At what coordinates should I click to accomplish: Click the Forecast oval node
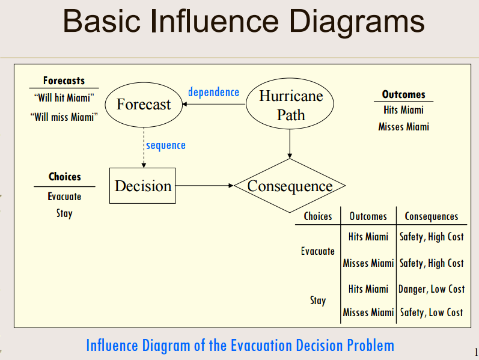pyautogui.click(x=143, y=105)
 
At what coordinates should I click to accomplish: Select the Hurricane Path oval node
pyautogui.click(x=291, y=105)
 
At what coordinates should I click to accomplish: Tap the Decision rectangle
pyautogui.click(x=143, y=186)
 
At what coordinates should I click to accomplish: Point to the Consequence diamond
pyautogui.click(x=290, y=186)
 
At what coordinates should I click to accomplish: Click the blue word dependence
pyautogui.click(x=213, y=92)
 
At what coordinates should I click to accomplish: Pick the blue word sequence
pyautogui.click(x=165, y=145)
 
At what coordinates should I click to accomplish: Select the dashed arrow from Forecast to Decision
pyautogui.click(x=144, y=148)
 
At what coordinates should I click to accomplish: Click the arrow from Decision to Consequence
pyautogui.click(x=204, y=186)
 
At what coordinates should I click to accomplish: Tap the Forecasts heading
pyautogui.click(x=64, y=81)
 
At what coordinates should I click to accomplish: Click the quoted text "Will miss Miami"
pyautogui.click(x=64, y=117)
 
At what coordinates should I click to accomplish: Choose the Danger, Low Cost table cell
pyautogui.click(x=432, y=289)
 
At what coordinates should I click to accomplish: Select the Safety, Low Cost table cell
pyautogui.click(x=432, y=312)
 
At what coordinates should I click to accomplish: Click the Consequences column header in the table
pyautogui.click(x=431, y=216)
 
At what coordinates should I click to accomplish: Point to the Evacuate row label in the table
pyautogui.click(x=317, y=251)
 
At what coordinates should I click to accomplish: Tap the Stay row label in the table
pyautogui.click(x=317, y=301)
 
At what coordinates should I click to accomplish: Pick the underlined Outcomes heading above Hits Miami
pyautogui.click(x=403, y=94)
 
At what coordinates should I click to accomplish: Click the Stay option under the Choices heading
pyautogui.click(x=64, y=213)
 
